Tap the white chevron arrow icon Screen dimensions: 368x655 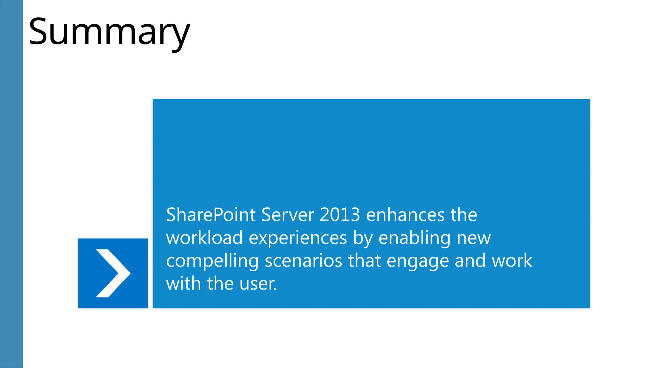(113, 273)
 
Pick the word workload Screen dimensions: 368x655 (204, 238)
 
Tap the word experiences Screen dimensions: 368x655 (298, 238)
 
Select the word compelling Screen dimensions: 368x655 (212, 261)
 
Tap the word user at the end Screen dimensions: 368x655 (258, 284)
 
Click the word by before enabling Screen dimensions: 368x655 (363, 238)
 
